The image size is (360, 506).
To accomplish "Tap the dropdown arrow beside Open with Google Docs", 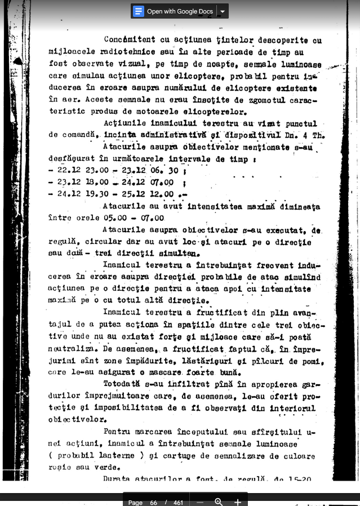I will pyautogui.click(x=223, y=11).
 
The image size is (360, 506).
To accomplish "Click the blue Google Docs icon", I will pyautogui.click(x=139, y=11).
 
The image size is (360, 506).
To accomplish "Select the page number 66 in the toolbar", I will pyautogui.click(x=154, y=501).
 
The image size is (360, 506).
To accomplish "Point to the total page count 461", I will pyautogui.click(x=179, y=501).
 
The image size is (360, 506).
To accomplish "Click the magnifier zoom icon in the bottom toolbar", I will pyautogui.click(x=218, y=501).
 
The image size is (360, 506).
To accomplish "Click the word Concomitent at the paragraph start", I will pyautogui.click(x=127, y=40).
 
